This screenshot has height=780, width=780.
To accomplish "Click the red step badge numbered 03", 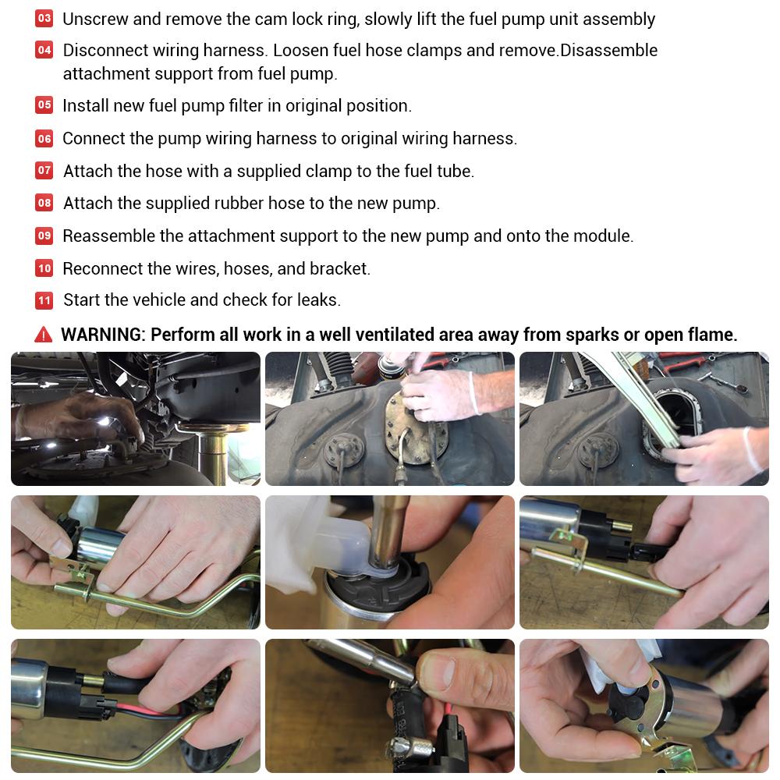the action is [44, 19].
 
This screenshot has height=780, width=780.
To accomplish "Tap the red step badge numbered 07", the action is [44, 171].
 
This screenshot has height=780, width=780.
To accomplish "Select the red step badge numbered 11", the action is [44, 300].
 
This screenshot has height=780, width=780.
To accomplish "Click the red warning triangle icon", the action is [43, 335].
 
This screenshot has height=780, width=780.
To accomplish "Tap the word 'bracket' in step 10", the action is [339, 268].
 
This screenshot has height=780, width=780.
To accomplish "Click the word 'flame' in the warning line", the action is [711, 335].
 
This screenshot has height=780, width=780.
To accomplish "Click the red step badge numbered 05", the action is [44, 105].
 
